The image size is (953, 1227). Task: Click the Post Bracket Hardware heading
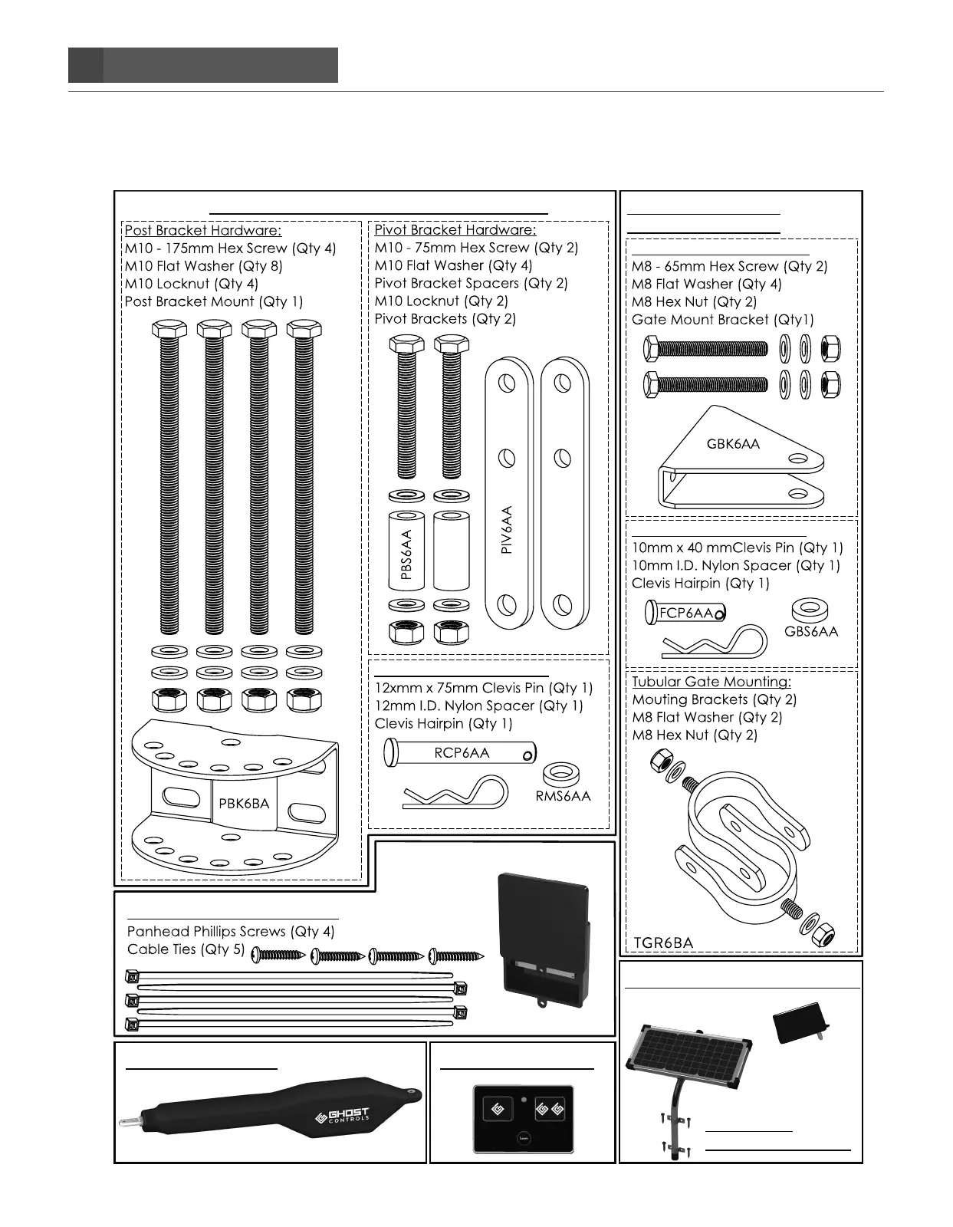203,230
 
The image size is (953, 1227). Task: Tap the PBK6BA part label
244,803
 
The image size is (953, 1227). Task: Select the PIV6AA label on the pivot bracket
507,529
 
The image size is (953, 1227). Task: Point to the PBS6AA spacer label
406,554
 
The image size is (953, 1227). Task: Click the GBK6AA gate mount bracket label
733,443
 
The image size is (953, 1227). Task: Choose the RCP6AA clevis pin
461,754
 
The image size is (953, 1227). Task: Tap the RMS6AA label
563,796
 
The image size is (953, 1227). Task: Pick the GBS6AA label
811,632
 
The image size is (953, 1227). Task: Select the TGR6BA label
664,942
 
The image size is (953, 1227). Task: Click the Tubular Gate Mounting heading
711,682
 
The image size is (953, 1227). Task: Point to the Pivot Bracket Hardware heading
455,229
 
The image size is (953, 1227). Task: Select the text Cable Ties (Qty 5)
186,949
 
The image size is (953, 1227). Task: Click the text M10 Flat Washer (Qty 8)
203,266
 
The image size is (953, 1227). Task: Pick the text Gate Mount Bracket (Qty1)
722,320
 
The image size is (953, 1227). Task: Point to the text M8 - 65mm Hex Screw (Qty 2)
729,266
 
